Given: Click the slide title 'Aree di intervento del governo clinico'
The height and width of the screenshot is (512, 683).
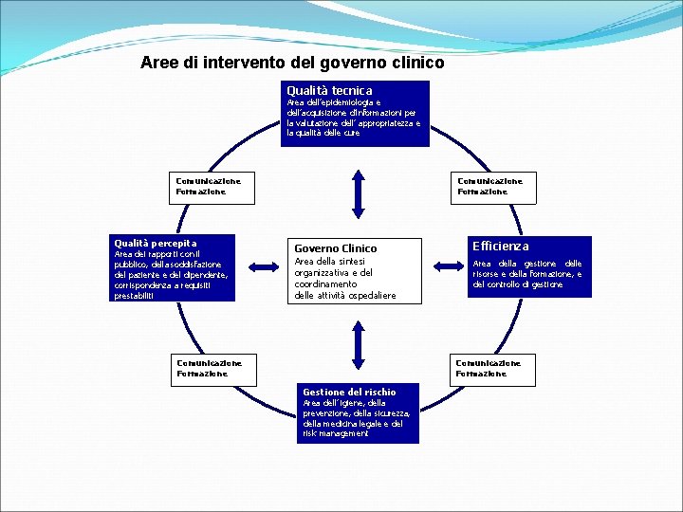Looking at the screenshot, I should click(292, 64).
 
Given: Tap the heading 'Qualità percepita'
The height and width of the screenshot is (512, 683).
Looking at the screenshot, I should click(156, 244).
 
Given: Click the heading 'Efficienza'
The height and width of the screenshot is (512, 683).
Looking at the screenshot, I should click(501, 246).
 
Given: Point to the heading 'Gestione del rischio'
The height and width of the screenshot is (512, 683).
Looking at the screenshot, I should click(349, 392).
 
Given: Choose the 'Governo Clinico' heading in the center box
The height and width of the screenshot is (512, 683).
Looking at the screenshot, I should click(335, 248).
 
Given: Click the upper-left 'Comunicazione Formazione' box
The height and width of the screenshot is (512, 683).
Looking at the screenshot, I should click(209, 186).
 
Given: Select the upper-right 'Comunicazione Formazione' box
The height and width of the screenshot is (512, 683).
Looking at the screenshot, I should click(489, 186).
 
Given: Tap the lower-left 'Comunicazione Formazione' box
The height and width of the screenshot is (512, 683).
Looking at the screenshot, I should click(210, 368).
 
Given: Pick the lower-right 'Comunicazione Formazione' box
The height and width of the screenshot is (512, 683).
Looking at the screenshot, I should click(489, 368).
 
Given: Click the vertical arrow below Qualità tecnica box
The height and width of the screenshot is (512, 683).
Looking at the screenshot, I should click(358, 193).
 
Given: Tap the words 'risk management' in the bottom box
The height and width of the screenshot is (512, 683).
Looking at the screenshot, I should click(336, 433).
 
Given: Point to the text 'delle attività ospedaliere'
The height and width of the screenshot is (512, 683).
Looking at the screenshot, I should click(344, 296).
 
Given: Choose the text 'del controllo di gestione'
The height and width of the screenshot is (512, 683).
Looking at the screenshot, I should click(518, 284).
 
